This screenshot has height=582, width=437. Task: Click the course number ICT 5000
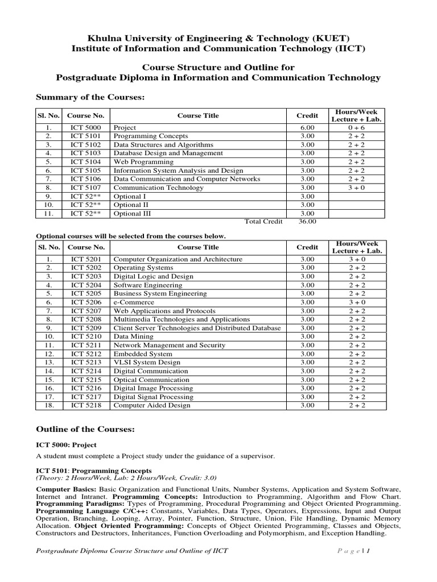85,128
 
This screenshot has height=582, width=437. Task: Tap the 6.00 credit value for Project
307,128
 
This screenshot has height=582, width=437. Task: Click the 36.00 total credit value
307,222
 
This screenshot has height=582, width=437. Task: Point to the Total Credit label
263,222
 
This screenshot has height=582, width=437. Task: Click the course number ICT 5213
85,362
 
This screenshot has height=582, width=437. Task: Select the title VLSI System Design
147,362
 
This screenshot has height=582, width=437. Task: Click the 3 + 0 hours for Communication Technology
357,188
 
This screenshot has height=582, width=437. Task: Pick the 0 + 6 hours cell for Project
357,128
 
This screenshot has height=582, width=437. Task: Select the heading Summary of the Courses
90,98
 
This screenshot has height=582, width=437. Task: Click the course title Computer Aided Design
152,405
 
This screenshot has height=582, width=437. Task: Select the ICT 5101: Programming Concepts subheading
94,471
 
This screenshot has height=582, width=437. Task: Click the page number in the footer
369,550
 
